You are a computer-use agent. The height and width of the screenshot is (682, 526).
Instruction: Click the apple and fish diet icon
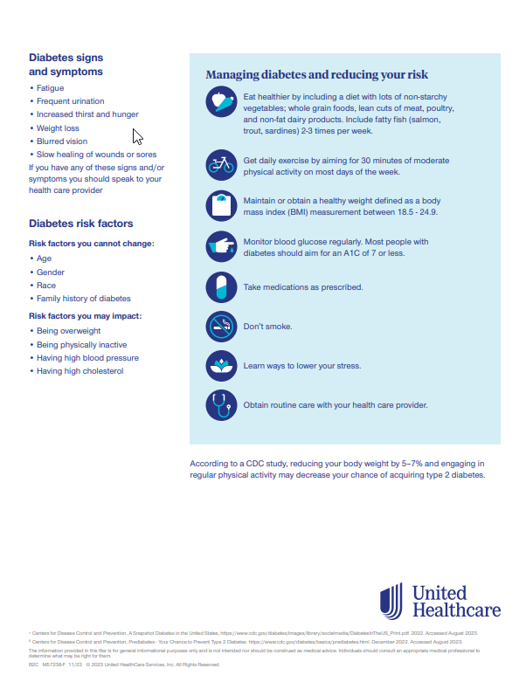[220, 104]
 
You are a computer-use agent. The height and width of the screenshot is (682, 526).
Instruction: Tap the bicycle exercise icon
[220, 163]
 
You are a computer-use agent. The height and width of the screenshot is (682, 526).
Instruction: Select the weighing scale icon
[220, 206]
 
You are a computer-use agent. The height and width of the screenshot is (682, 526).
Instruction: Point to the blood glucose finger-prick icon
[220, 247]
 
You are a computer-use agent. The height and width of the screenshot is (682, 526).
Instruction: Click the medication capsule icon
[220, 287]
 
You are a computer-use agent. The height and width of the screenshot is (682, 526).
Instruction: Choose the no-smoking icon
[220, 327]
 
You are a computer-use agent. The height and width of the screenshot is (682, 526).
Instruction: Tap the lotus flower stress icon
[220, 366]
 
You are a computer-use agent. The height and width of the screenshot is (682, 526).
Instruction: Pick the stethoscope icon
[220, 405]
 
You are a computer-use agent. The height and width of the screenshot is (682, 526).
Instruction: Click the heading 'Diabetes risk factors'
[80, 224]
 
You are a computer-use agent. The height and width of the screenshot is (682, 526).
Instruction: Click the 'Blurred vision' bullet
[62, 141]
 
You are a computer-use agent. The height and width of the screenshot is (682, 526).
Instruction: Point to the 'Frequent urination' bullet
[70, 101]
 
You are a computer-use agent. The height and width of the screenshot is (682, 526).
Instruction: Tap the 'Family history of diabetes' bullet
[83, 299]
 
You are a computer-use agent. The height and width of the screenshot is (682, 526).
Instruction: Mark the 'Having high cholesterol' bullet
[80, 371]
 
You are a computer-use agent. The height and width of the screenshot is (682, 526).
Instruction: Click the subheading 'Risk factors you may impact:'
[85, 315]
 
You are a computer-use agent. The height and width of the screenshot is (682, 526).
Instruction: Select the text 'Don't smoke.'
[267, 327]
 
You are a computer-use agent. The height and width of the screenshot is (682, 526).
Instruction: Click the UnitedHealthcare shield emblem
[391, 602]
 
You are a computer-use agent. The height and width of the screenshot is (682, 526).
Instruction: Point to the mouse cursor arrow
[136, 135]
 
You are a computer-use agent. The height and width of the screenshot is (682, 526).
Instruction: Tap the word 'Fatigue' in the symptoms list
[50, 88]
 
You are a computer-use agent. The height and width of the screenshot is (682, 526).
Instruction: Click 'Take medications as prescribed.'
[302, 287]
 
